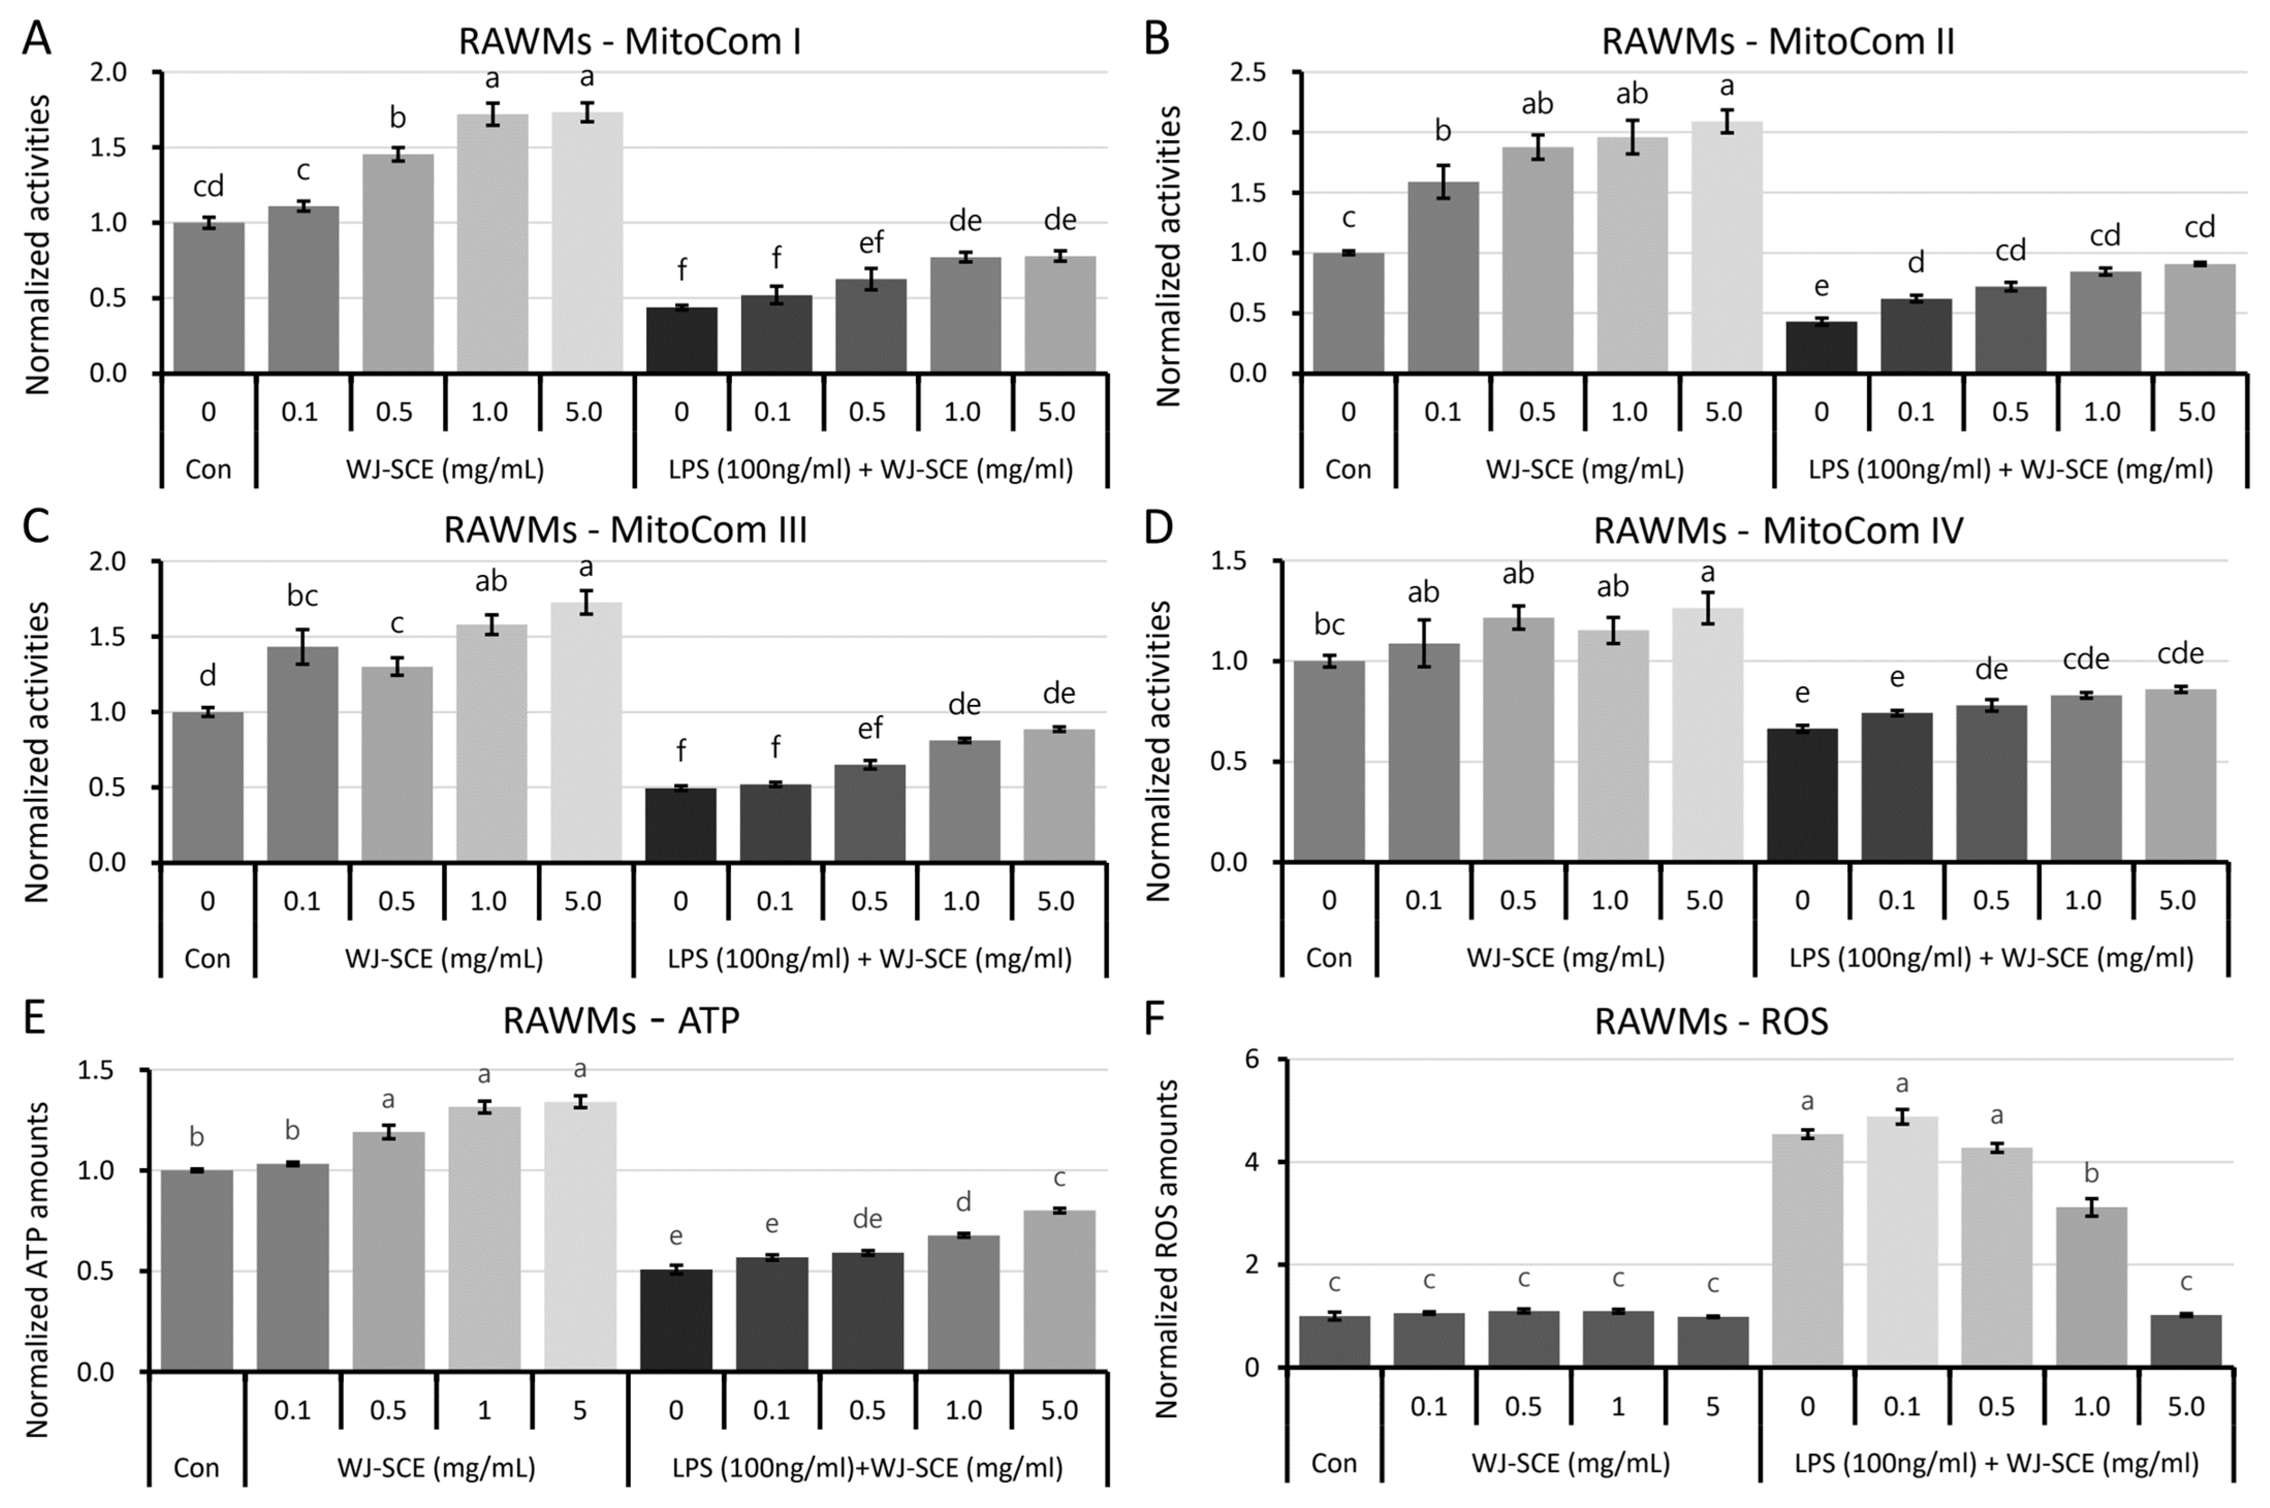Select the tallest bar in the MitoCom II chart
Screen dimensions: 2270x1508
click(x=1727, y=247)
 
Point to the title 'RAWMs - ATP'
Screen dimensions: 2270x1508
click(x=621, y=1020)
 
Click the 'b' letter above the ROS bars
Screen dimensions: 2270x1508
click(x=2091, y=1174)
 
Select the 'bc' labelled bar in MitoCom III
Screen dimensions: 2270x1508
click(x=303, y=754)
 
